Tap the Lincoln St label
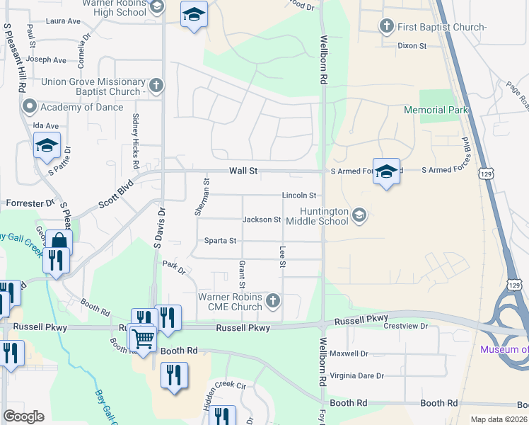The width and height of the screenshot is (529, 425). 298,195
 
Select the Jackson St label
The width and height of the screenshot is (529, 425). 262,220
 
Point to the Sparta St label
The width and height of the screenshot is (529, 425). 220,241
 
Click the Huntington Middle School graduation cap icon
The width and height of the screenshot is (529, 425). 359,215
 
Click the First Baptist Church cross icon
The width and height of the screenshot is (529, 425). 386,27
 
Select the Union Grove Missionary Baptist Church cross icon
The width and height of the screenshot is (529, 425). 156,86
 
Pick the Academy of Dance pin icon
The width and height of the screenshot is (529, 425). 30,107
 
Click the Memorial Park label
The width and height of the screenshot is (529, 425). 436,110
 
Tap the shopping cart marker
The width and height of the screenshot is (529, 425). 144,338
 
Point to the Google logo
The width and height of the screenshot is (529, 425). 24,416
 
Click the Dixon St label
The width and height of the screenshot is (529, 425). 412,46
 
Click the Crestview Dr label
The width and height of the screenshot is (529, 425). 406,326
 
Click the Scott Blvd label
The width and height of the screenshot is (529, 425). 116,192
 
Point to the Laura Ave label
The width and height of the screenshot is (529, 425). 63,21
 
